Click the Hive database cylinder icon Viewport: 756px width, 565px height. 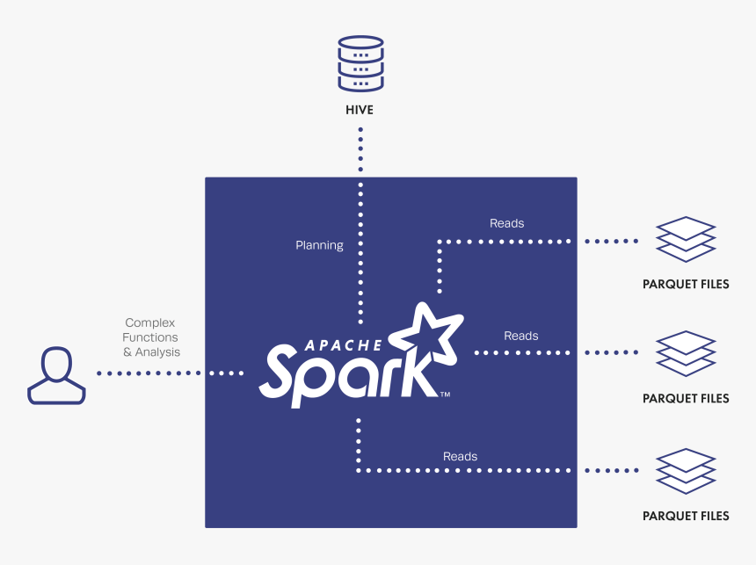tap(360, 63)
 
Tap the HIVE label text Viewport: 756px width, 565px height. tap(360, 111)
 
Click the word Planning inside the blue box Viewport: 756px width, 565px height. tap(319, 245)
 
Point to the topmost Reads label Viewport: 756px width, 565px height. tap(506, 223)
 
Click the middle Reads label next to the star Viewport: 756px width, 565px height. tap(520, 336)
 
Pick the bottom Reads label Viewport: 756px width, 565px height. tap(460, 456)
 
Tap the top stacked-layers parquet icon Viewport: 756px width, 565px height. tap(686, 238)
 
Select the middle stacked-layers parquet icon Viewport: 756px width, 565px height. tap(686, 352)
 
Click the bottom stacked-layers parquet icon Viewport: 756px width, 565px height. tap(686, 471)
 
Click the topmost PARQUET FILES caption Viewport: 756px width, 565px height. tap(686, 285)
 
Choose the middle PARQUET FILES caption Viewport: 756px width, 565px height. tap(686, 399)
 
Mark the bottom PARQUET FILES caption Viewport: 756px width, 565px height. tap(686, 517)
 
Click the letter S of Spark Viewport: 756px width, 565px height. tap(282, 373)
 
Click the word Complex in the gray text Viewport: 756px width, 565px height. tap(150, 322)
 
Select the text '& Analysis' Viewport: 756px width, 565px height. tap(151, 352)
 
